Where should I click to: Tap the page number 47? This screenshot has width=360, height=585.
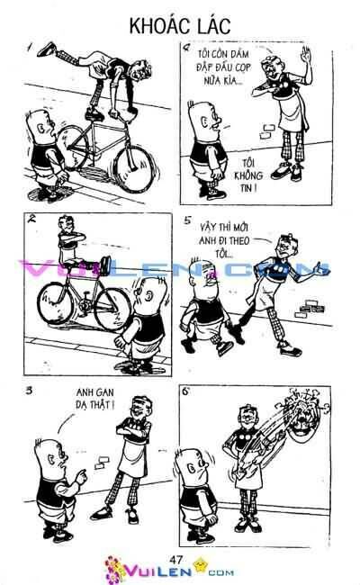[175, 559]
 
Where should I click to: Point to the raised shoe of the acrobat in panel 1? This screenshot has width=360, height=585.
[47, 49]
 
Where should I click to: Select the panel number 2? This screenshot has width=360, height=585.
[32, 220]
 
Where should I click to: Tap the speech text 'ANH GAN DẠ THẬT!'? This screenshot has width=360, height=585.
[94, 398]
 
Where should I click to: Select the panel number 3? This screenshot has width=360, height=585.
[29, 391]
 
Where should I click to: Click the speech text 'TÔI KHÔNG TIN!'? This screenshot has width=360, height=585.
[248, 175]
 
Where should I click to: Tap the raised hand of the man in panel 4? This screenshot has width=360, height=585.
[306, 56]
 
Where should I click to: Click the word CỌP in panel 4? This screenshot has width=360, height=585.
[243, 67]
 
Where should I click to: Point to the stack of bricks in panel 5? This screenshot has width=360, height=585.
[310, 307]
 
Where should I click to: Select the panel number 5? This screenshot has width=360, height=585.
[187, 220]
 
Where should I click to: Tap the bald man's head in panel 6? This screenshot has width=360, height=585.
[194, 467]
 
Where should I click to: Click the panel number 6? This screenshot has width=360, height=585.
[185, 391]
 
